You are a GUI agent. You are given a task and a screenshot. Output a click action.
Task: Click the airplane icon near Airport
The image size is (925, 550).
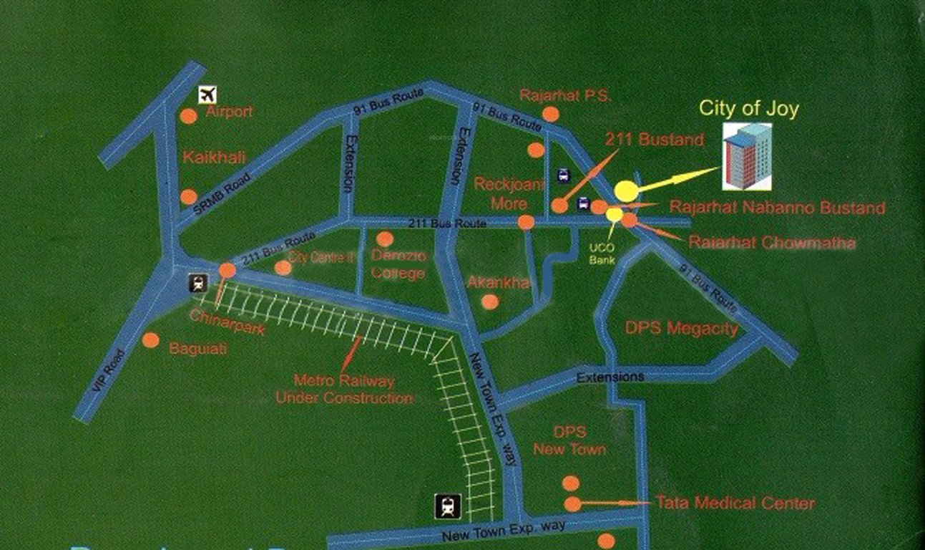207,94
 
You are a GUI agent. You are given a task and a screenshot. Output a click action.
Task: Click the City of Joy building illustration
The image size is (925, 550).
747,156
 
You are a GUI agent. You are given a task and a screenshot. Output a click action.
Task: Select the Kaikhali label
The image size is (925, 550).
215,157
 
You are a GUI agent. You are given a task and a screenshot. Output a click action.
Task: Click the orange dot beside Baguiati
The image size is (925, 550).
150,340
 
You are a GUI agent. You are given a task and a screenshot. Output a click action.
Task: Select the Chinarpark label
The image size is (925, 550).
227,322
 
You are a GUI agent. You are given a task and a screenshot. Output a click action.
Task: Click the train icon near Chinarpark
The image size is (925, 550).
198,284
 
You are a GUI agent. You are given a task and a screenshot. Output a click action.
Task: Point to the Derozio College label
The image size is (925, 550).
398,264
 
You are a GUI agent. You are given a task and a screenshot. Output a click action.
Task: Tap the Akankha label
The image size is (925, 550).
499,283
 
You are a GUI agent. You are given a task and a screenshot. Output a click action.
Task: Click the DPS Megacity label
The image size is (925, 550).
681,328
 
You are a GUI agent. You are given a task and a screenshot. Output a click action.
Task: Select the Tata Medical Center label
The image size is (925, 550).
735,503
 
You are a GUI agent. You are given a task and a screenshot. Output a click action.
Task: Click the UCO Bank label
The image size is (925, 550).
602,254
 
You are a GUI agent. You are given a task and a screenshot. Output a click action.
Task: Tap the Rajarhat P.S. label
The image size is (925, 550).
565,96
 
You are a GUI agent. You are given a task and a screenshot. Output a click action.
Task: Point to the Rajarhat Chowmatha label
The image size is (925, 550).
771,243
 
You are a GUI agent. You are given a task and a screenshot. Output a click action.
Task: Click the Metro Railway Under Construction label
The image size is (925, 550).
344,390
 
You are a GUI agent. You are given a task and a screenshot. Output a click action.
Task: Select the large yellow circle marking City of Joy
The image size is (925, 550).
625,190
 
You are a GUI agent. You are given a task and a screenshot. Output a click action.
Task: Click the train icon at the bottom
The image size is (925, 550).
448,507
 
